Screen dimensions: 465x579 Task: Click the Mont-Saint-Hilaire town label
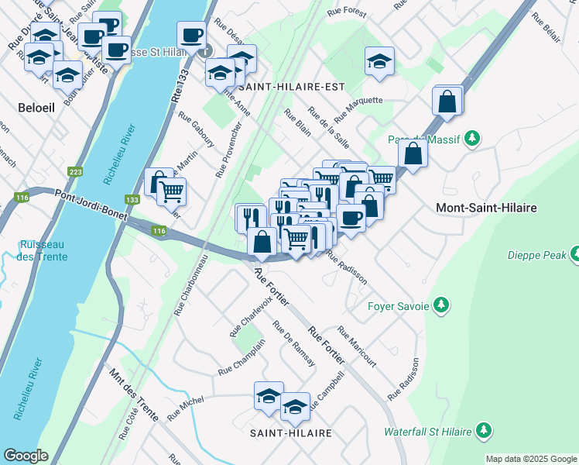(x=486, y=208)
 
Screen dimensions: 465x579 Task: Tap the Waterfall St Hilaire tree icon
(x=484, y=429)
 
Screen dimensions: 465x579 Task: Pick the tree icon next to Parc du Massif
(x=471, y=139)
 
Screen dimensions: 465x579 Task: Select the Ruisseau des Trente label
(x=45, y=251)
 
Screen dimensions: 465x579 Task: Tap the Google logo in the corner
(x=26, y=455)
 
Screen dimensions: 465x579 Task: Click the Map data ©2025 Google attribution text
(x=531, y=459)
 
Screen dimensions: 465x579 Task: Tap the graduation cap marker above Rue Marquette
(x=379, y=61)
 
